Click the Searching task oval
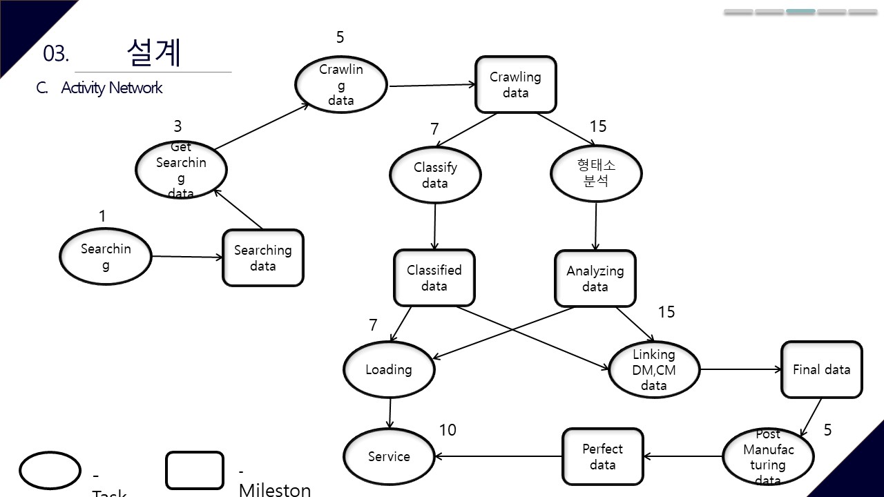point(105,256)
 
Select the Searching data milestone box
point(262,257)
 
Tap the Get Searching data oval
point(180,170)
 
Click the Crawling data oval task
point(340,85)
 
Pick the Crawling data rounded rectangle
point(515,85)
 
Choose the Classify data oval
point(435,175)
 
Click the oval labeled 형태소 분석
point(595,173)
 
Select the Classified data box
point(434,277)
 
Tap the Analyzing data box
point(595,278)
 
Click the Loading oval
point(389,370)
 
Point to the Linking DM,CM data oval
point(653,370)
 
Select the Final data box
point(821,369)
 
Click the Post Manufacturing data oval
point(768,457)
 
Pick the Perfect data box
point(602,456)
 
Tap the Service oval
point(389,456)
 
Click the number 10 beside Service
point(448,430)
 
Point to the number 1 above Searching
point(102,216)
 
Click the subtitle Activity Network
point(111,88)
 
